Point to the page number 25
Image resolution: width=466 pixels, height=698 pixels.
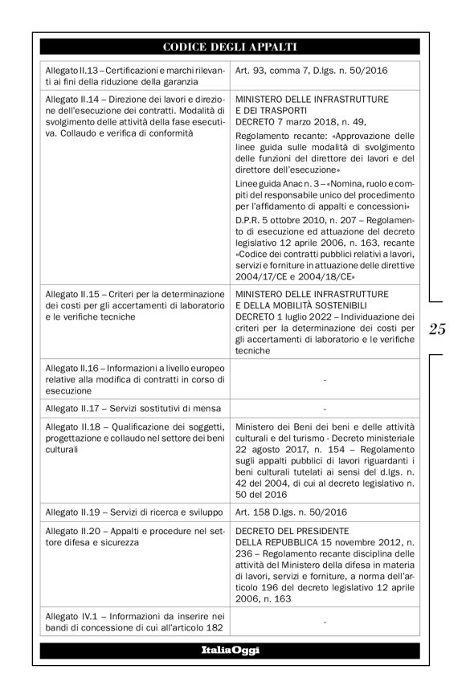[x=437, y=329]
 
